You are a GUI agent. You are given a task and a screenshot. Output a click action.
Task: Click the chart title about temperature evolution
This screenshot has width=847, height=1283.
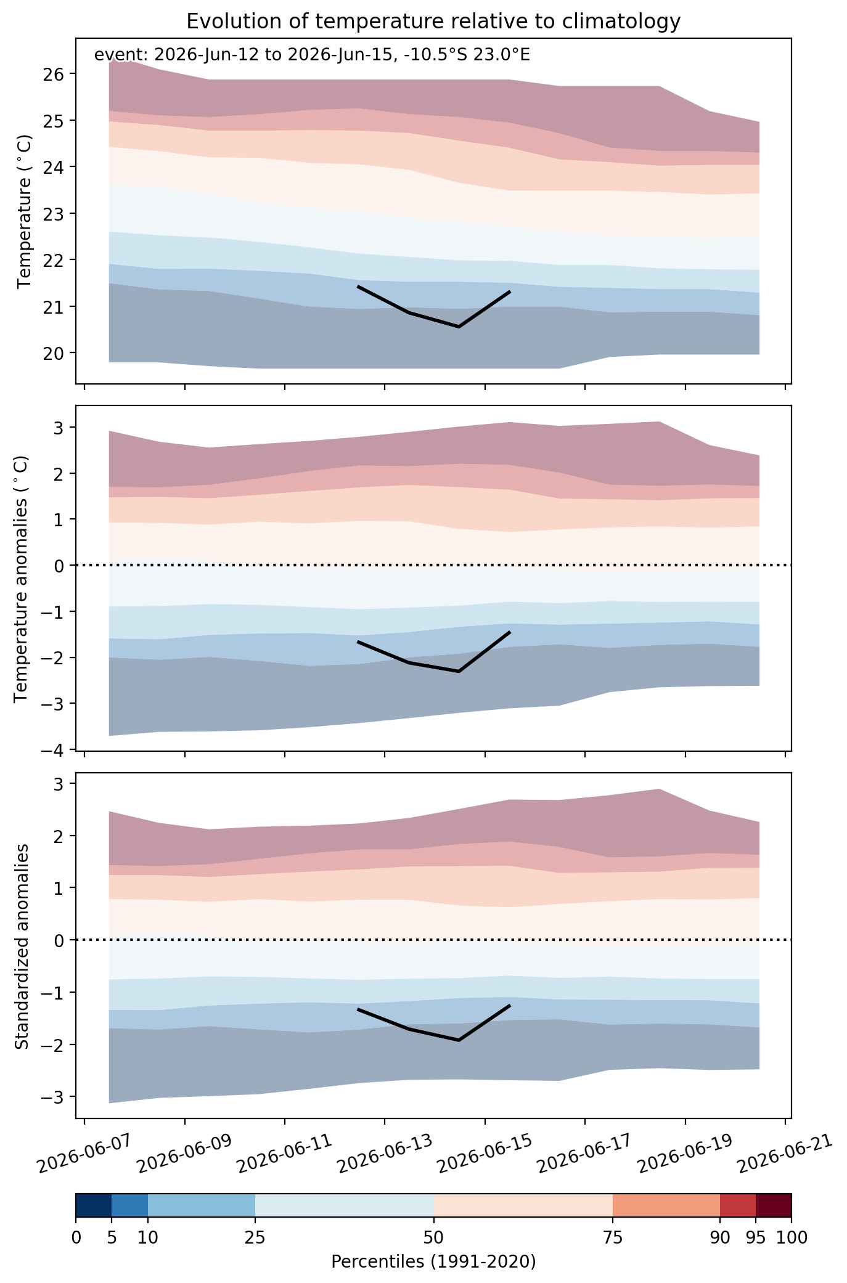tap(433, 22)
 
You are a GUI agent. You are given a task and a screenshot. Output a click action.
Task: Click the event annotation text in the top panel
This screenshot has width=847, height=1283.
tap(312, 55)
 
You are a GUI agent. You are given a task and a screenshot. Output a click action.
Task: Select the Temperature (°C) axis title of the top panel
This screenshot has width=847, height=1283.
tap(24, 212)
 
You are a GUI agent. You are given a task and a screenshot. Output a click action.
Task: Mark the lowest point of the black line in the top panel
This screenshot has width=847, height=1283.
tap(459, 327)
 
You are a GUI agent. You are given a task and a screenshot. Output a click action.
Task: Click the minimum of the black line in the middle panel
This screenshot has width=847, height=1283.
tap(459, 671)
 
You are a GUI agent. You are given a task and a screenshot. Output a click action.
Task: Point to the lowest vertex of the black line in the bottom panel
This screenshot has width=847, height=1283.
tap(459, 1040)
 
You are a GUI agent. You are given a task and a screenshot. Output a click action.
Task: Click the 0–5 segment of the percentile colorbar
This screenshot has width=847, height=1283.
tap(94, 1205)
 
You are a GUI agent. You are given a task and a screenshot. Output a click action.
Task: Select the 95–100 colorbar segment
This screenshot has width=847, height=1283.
tap(774, 1205)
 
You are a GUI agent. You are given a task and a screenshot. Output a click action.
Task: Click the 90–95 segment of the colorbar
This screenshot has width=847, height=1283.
tap(738, 1205)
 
